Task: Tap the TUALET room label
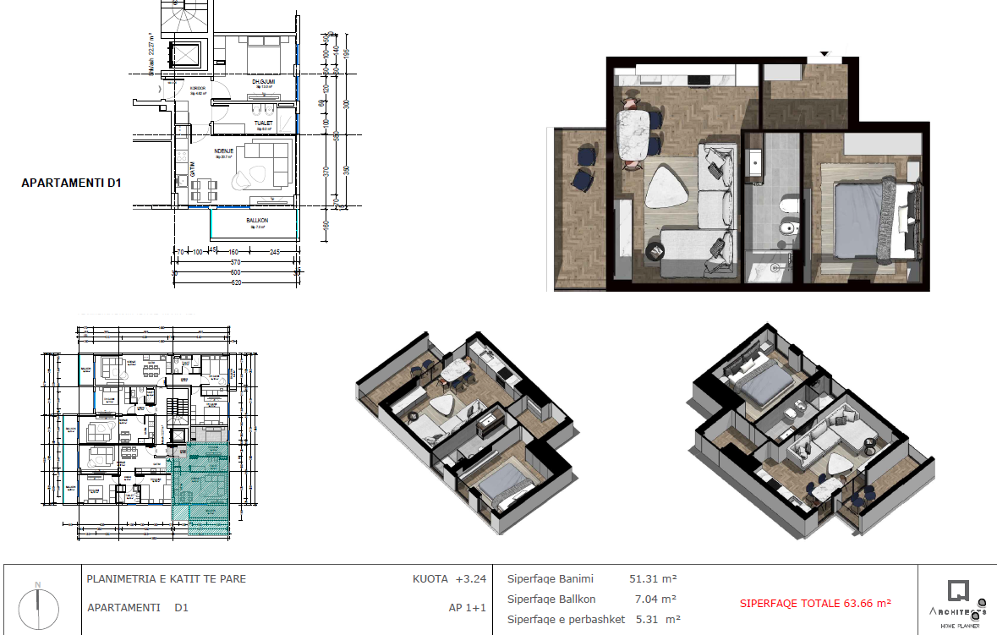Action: [x=262, y=123]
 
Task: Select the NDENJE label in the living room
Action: [x=224, y=152]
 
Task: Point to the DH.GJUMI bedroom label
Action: [x=264, y=82]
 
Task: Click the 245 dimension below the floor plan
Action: [x=275, y=252]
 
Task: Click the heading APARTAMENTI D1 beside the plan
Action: [x=72, y=183]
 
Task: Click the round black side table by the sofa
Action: [x=657, y=251]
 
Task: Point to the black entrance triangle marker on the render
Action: [x=824, y=55]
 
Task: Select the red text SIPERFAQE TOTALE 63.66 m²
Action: [x=815, y=604]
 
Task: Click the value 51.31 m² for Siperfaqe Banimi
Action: [x=653, y=579]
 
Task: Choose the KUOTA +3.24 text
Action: [x=449, y=580]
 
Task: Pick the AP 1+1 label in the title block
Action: [x=467, y=607]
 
